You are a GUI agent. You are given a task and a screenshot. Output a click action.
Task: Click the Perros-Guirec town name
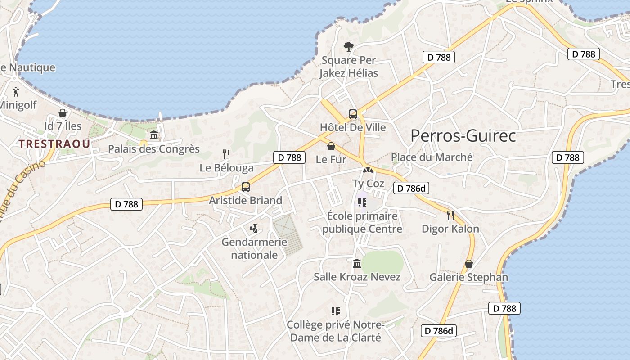[x=463, y=135]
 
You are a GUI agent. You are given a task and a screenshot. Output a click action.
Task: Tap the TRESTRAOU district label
[x=54, y=144]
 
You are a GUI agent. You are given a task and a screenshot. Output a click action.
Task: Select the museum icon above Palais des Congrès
[x=154, y=135]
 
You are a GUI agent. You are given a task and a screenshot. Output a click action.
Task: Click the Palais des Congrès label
[x=154, y=149]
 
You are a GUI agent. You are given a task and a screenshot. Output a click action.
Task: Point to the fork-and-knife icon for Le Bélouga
[x=226, y=154]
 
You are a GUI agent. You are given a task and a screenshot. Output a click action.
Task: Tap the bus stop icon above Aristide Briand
[x=246, y=187]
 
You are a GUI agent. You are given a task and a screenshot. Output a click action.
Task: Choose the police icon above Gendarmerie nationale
[x=254, y=229]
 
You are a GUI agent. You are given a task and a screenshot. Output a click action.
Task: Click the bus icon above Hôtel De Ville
[x=353, y=114]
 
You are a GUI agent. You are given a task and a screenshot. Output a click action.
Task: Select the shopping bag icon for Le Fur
[x=331, y=146]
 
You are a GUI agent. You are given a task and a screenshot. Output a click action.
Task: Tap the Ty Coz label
[x=368, y=184]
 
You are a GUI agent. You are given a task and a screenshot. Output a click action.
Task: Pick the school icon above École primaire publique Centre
[x=362, y=202]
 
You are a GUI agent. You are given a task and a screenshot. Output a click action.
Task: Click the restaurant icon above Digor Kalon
[x=450, y=215]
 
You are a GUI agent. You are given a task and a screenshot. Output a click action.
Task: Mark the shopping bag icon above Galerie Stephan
[x=469, y=264]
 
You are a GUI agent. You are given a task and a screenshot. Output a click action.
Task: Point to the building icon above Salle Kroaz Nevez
[x=357, y=263]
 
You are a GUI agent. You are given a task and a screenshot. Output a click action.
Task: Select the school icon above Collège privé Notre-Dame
[x=335, y=311]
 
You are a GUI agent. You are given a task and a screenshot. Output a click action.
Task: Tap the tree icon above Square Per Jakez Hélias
[x=348, y=46]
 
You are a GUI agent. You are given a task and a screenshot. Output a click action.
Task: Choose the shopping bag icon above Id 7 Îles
[x=63, y=112]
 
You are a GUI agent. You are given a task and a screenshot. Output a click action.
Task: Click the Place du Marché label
[x=432, y=157]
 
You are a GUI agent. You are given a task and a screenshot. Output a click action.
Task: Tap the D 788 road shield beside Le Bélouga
[x=289, y=157]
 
